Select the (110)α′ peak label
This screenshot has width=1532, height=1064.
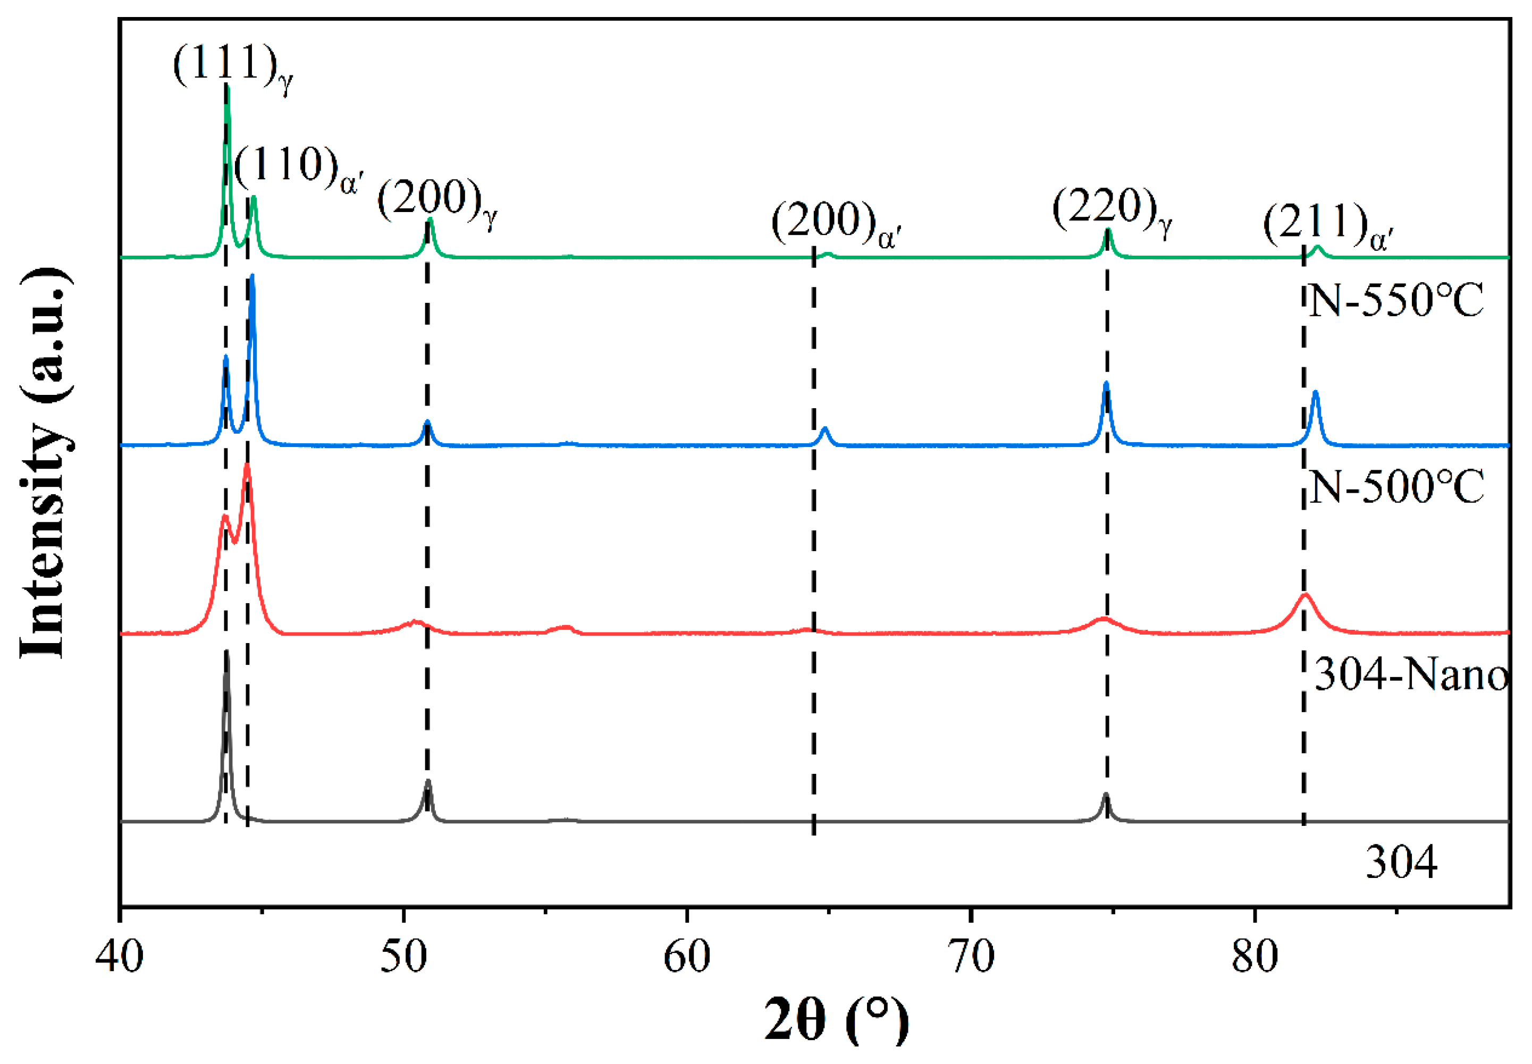click(x=297, y=168)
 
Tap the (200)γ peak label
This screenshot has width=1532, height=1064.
click(x=436, y=201)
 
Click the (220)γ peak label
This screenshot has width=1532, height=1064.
click(x=1112, y=210)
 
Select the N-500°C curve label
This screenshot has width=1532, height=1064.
click(x=1396, y=488)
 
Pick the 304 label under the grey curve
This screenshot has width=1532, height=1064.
click(x=1401, y=863)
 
